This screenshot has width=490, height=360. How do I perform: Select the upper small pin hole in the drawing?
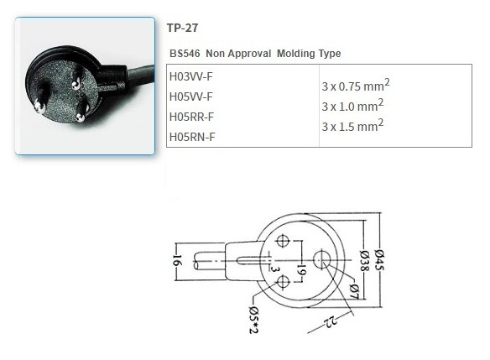tap(283, 242)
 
